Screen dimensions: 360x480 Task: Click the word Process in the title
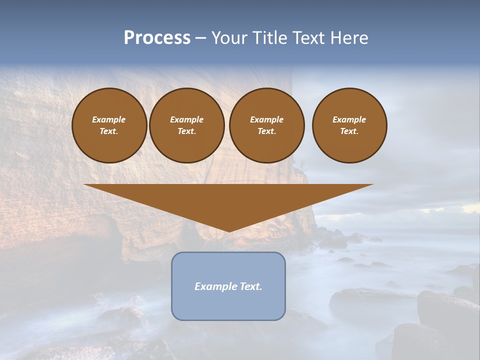[157, 38]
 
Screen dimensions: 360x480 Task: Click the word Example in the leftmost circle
[109, 119]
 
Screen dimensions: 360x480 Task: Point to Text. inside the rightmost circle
[349, 131]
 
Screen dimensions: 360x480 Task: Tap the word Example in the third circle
[266, 119]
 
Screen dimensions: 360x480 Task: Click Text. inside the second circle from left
[186, 131]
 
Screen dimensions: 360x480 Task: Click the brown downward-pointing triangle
[228, 200]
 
